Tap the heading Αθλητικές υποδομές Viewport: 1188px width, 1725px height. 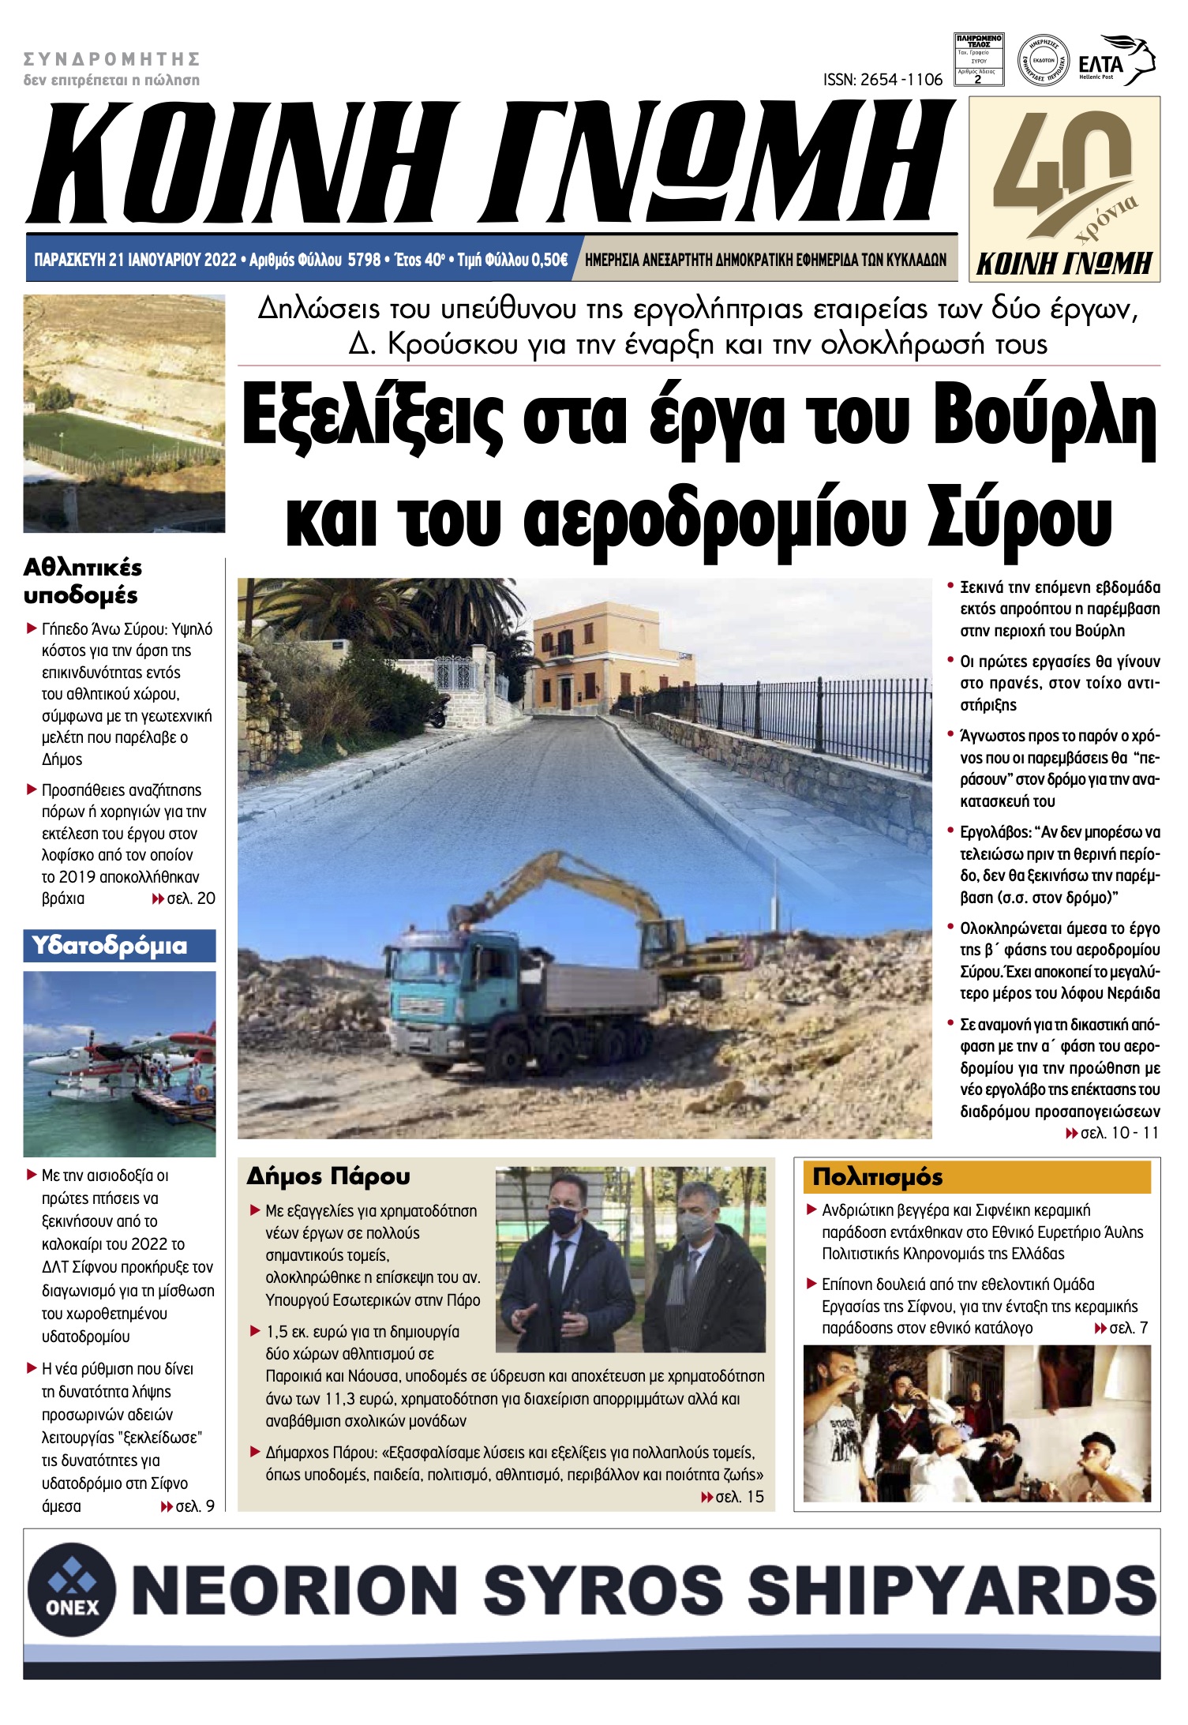pyautogui.click(x=82, y=581)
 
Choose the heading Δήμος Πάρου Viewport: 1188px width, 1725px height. pyautogui.click(x=328, y=1176)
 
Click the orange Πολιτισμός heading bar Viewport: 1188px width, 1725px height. pyautogui.click(x=976, y=1177)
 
